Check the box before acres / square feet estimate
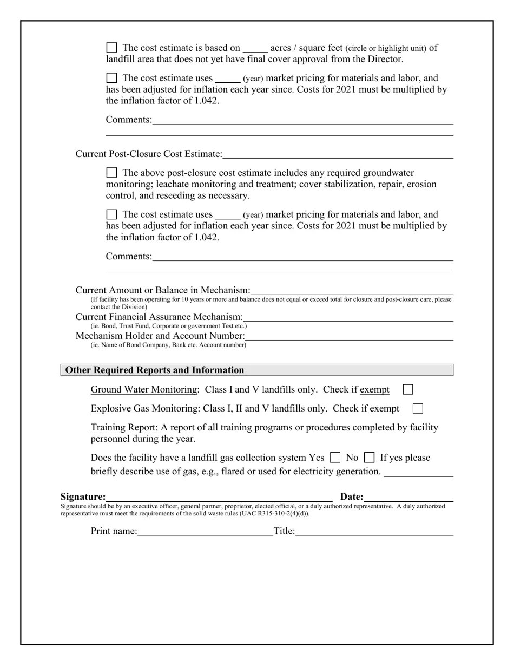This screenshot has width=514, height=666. pos(111,48)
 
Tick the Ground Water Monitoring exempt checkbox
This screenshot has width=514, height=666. pos(408,389)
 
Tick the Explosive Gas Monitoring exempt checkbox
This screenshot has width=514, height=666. pos(418,408)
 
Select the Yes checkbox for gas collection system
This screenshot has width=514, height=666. pos(335,458)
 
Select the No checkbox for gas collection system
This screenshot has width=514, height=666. pos(369,458)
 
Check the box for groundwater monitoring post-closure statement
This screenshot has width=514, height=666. pos(111,173)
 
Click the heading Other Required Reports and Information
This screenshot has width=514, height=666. pos(155,370)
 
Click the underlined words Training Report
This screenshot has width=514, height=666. pos(124,427)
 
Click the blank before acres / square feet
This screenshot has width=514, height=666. pos(255,49)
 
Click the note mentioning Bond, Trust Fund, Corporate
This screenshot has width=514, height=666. pos(168,326)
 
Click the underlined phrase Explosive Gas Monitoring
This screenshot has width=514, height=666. pos(144,408)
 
